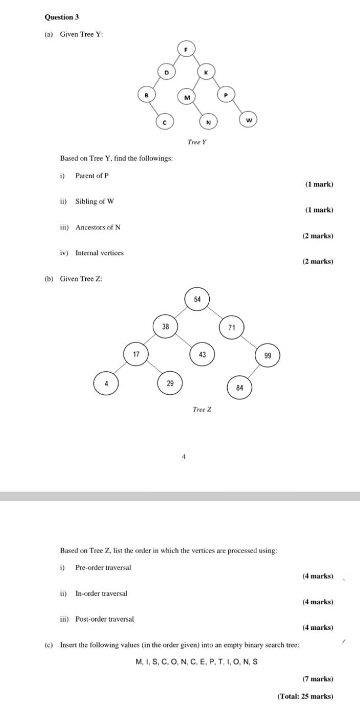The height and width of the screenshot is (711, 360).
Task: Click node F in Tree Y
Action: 186,49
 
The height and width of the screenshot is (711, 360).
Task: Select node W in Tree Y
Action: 249,120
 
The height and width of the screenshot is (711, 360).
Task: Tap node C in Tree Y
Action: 164,122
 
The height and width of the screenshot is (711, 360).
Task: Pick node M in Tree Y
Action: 187,97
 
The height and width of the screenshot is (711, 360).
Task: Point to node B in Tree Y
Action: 147,94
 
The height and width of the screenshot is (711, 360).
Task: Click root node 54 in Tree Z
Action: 198,299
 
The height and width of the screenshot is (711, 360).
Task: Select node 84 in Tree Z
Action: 240,388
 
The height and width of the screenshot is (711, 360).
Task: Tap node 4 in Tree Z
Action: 106,384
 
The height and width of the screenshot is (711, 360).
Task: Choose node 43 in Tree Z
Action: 202,354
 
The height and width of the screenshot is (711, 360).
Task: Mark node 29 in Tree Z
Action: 170,383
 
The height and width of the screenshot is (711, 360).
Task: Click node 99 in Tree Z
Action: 268,355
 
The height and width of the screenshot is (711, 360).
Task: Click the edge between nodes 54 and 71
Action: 215,314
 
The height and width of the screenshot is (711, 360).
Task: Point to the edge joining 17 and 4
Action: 121,369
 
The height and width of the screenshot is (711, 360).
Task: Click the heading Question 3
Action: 62,17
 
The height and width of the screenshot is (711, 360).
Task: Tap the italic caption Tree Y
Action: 197,142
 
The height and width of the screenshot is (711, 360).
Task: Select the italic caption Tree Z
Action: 202,409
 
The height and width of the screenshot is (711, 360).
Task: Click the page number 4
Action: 184,457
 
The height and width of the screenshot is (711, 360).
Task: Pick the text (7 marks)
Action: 318,679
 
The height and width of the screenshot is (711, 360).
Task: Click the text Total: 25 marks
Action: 305,696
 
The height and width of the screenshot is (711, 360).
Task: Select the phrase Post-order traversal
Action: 105,619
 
